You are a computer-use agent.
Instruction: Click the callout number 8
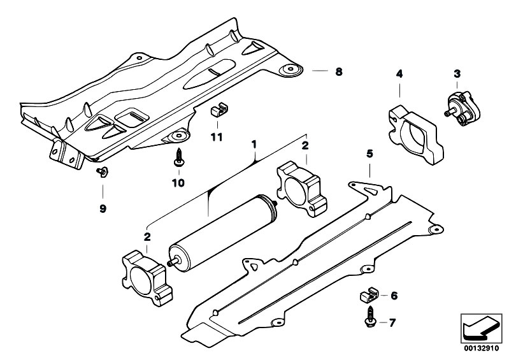pos(338,71)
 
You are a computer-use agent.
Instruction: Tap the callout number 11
pos(217,138)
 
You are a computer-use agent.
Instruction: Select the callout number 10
pos(178,183)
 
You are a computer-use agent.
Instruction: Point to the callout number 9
pos(103,208)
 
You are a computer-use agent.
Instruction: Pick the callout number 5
pos(369,154)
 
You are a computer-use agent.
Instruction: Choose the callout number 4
pos(399,74)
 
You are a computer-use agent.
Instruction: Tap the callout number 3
pos(457,74)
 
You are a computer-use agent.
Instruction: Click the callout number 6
pos(394,296)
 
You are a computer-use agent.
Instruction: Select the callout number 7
pos(392,322)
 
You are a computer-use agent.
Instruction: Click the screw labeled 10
pos(178,158)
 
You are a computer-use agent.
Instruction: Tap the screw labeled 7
pos(369,317)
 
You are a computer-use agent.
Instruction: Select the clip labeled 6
pos(369,295)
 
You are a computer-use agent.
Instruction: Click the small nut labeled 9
pos(103,172)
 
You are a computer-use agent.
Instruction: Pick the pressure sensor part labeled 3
pos(462,108)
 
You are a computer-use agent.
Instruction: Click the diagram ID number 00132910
pos(481,349)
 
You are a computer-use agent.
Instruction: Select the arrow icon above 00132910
pos(482,329)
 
